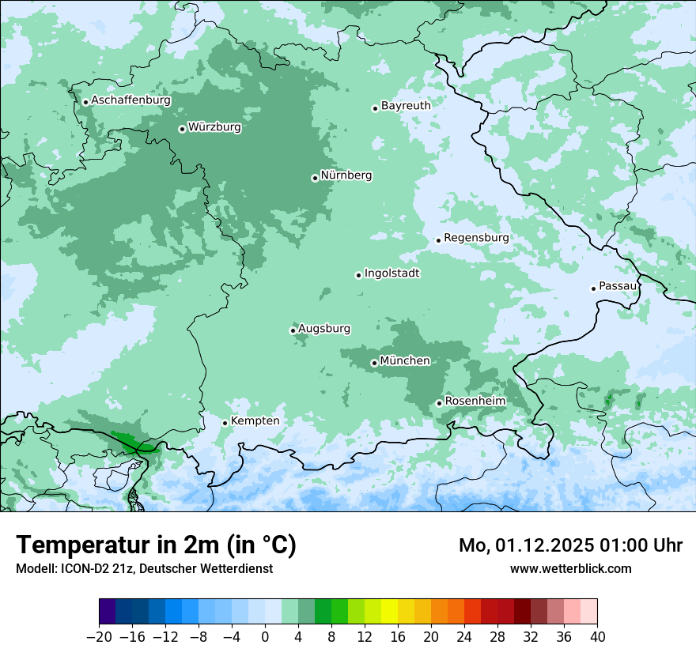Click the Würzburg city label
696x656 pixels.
click(x=214, y=127)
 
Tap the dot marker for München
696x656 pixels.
click(x=374, y=364)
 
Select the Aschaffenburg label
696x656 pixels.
click(x=130, y=100)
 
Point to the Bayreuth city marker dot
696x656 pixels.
click(x=375, y=108)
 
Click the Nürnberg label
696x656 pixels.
click(x=346, y=175)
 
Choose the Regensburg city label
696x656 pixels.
click(x=476, y=238)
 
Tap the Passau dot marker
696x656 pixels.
click(x=593, y=288)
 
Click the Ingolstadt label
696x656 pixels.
click(x=391, y=273)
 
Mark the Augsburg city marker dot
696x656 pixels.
click(x=293, y=331)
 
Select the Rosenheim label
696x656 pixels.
click(x=475, y=402)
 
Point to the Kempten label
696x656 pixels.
click(x=255, y=421)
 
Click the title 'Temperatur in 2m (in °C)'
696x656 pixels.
click(x=156, y=545)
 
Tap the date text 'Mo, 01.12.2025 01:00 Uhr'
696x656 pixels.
click(x=570, y=545)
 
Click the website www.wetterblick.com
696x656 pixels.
click(x=570, y=568)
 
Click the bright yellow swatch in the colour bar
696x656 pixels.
click(x=389, y=612)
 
